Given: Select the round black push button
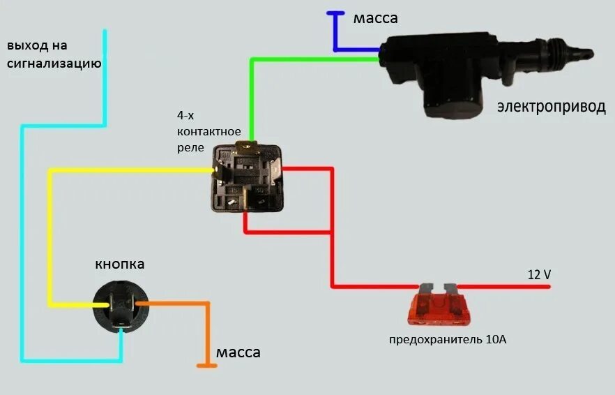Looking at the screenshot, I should point(120,304).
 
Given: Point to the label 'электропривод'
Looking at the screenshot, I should point(551,107).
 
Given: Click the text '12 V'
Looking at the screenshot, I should point(539,275).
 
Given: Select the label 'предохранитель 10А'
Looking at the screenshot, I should point(447,340).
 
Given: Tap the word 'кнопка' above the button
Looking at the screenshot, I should point(120,264).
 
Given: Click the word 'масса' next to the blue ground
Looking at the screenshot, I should point(375,18).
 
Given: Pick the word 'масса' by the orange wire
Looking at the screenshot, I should point(238,352).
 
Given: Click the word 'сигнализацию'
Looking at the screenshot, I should point(54,64).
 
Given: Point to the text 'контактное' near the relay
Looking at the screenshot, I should point(209,131).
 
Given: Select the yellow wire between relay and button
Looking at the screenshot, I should point(50,237).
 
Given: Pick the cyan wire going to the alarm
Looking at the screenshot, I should point(23,244).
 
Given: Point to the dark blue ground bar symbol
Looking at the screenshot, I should point(335,13).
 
